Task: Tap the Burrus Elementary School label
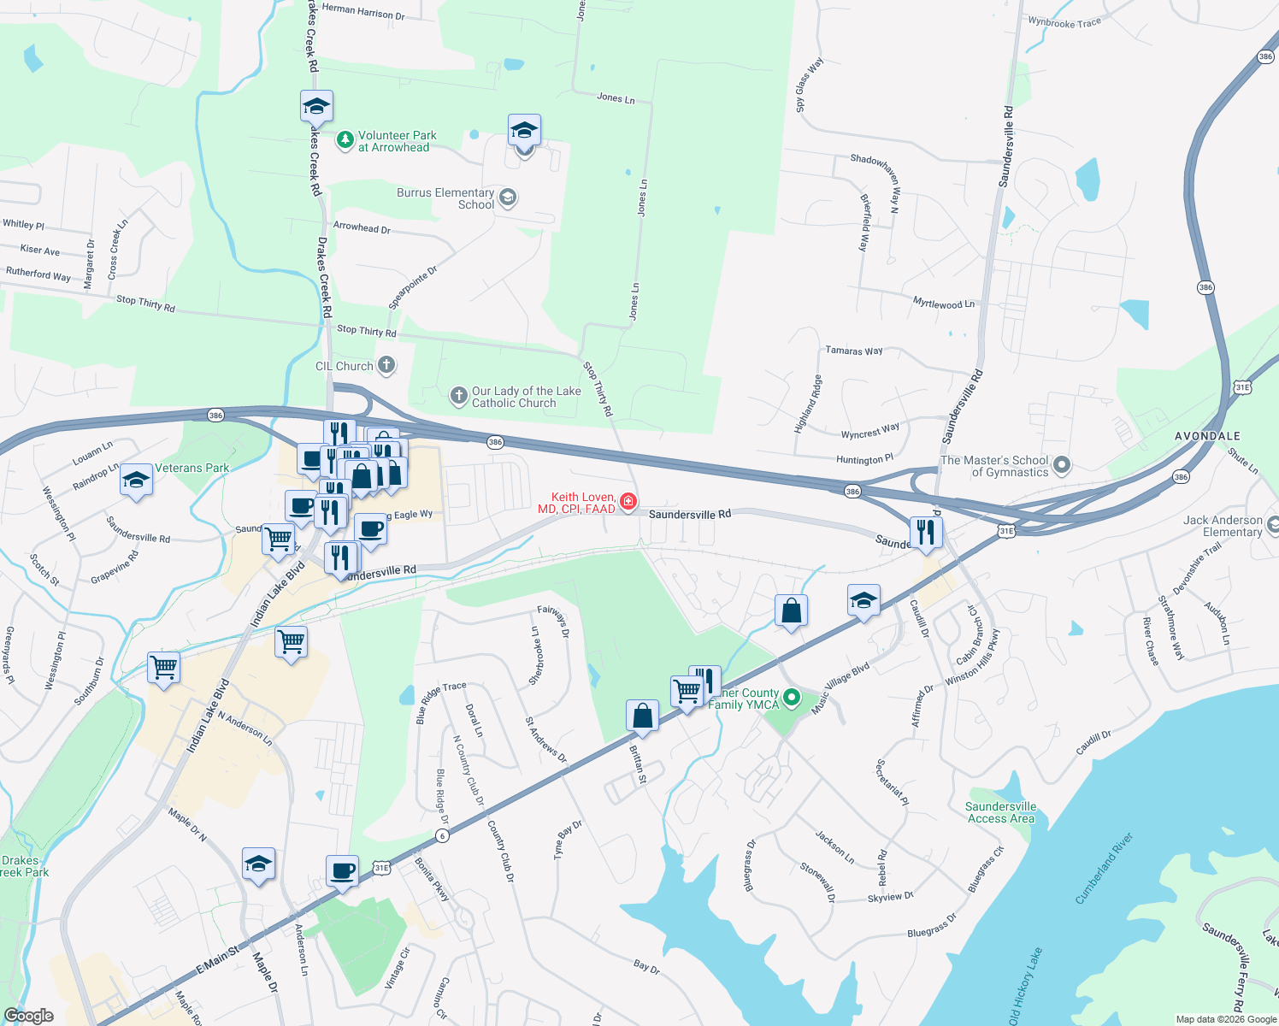pyautogui.click(x=445, y=198)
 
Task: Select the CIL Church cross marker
pyautogui.click(x=386, y=366)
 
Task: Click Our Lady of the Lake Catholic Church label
pyautogui.click(x=526, y=397)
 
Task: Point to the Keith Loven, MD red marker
pyautogui.click(x=628, y=502)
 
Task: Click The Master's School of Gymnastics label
pyautogui.click(x=993, y=466)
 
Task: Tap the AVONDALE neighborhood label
pyautogui.click(x=1207, y=436)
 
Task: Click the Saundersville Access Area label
pyautogui.click(x=1000, y=812)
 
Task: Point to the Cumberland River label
pyautogui.click(x=1104, y=869)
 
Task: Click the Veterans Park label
pyautogui.click(x=192, y=468)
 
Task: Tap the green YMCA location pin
pyautogui.click(x=792, y=699)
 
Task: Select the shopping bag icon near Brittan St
pyautogui.click(x=642, y=716)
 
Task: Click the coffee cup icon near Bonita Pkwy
pyautogui.click(x=342, y=871)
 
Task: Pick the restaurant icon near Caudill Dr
pyautogui.click(x=925, y=532)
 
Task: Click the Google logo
pyautogui.click(x=28, y=1016)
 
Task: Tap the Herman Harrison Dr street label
pyautogui.click(x=363, y=11)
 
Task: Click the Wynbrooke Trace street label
pyautogui.click(x=1064, y=22)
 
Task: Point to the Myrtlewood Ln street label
pyautogui.click(x=943, y=304)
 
